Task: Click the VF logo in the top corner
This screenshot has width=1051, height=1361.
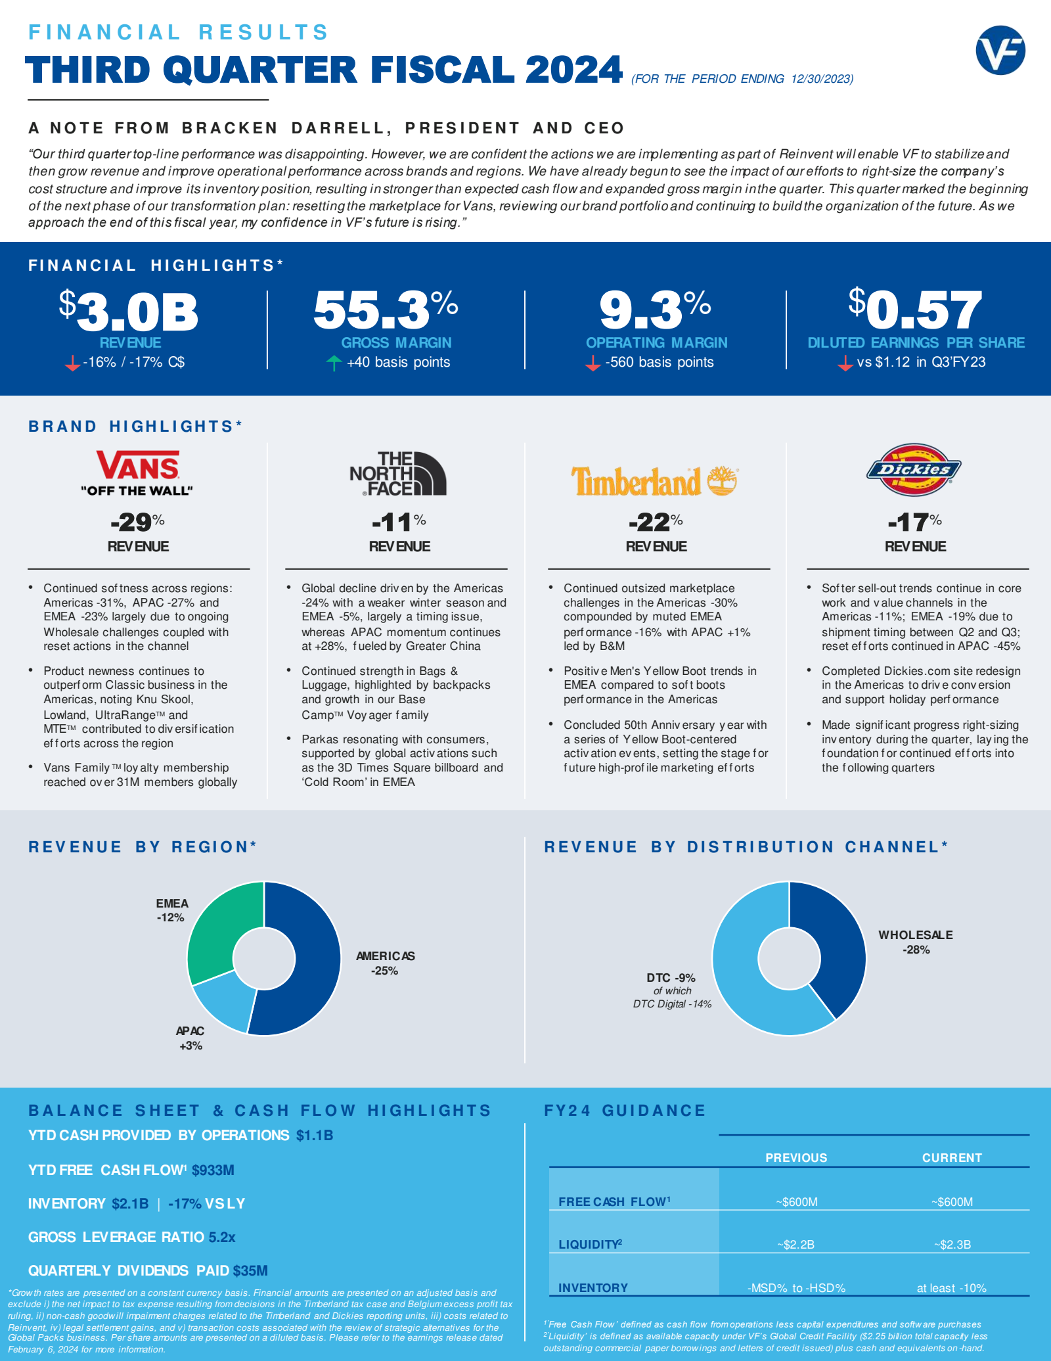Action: coord(1000,50)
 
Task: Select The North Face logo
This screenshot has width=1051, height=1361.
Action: coord(398,473)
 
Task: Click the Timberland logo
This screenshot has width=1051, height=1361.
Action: coord(654,481)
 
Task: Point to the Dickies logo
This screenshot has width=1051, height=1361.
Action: coord(914,469)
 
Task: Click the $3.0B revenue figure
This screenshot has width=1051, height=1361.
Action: coord(129,311)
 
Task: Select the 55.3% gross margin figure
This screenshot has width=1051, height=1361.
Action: coord(386,309)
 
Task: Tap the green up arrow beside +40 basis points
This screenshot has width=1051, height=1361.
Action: coord(334,363)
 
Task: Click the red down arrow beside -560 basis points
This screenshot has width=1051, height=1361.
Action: coord(593,363)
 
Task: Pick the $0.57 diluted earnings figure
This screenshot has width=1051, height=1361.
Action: coord(915,309)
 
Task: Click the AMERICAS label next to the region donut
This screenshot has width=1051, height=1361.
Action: coord(386,956)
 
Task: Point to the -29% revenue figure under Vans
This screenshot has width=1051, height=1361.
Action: coord(137,522)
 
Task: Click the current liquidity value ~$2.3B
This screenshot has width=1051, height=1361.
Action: coord(952,1245)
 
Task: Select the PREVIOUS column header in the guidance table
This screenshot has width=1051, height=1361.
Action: coord(796,1158)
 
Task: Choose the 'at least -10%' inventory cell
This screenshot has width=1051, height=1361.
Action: coord(952,1288)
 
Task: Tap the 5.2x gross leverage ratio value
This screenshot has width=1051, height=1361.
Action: coord(222,1237)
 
